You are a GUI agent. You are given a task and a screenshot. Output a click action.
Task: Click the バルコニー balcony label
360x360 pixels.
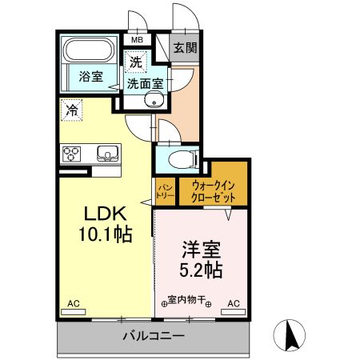pyautogui.click(x=153, y=335)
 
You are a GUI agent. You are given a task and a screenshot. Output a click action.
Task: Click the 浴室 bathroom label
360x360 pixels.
pyautogui.click(x=90, y=77)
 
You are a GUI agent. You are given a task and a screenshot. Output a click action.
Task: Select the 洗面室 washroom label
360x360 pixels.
pyautogui.click(x=145, y=82)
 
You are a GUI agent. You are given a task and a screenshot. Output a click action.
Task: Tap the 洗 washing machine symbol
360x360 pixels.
pyautogui.click(x=135, y=60)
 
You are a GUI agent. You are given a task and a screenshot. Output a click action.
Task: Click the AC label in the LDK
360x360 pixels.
pyautogui.click(x=74, y=303)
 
